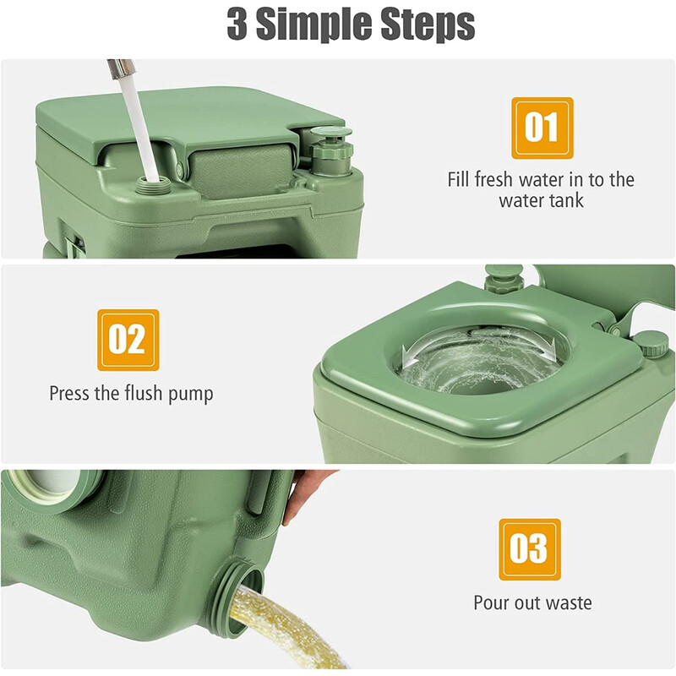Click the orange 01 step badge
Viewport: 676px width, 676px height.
[542, 128]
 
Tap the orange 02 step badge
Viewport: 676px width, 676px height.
[128, 340]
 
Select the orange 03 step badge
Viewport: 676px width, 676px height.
[529, 549]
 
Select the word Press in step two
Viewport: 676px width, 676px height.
[72, 393]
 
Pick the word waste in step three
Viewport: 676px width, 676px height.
[567, 602]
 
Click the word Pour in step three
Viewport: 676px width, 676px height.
[492, 602]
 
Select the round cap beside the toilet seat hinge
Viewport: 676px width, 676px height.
[651, 341]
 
